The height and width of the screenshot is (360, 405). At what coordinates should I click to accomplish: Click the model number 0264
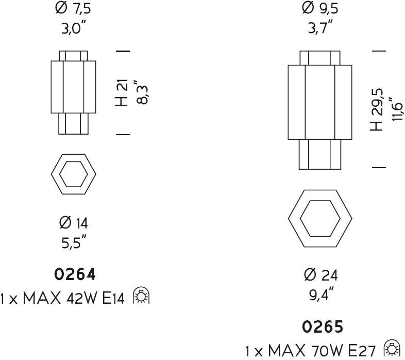(x=75, y=274)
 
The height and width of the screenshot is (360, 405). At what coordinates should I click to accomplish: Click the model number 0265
(x=323, y=326)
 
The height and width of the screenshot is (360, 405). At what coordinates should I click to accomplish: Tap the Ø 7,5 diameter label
(x=73, y=8)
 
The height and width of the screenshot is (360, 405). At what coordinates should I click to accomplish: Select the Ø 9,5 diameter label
(x=320, y=8)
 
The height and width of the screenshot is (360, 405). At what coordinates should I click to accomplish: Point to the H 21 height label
(x=122, y=92)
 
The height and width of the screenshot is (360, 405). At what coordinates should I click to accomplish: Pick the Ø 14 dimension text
(x=73, y=223)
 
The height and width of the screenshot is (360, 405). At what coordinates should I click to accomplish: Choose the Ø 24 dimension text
(x=320, y=275)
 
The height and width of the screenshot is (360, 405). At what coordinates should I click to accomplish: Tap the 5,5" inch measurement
(x=74, y=242)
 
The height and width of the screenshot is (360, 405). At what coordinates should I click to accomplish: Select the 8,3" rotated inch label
(x=142, y=92)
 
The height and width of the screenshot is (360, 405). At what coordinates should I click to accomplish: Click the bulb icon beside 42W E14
(x=141, y=296)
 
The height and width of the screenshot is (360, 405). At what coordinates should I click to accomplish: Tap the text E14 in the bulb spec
(x=113, y=299)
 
